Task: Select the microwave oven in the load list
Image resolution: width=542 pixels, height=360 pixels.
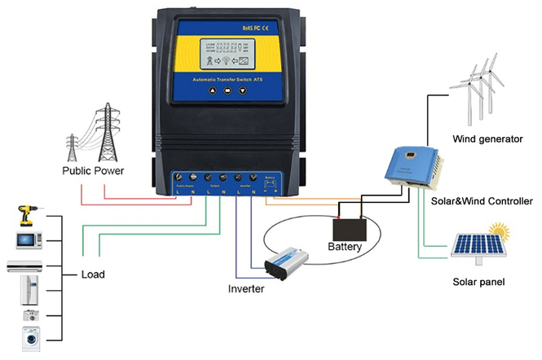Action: pyautogui.click(x=27, y=239)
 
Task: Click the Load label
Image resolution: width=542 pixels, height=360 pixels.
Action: pyautogui.click(x=94, y=274)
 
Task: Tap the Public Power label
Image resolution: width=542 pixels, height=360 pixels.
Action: pyautogui.click(x=92, y=171)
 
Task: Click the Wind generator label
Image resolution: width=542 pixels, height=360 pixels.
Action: pyautogui.click(x=487, y=139)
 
